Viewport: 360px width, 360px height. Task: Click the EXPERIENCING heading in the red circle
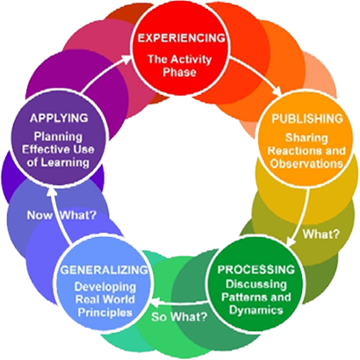(x=182, y=38)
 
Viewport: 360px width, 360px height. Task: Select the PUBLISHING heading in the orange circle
(x=307, y=119)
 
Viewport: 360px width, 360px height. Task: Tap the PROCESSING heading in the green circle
(x=256, y=270)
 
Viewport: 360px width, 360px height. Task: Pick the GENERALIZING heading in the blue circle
(x=104, y=270)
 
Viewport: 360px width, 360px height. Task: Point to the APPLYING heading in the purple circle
(x=59, y=118)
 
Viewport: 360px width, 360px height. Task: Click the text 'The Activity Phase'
(x=179, y=66)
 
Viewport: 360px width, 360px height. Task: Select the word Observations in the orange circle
(x=306, y=163)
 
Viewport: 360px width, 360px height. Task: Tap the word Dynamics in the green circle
(x=256, y=310)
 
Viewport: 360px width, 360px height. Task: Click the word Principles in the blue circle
(x=105, y=313)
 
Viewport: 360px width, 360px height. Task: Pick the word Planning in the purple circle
(x=58, y=137)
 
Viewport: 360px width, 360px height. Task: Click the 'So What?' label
(x=179, y=316)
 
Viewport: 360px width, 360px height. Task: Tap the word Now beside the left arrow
(x=40, y=215)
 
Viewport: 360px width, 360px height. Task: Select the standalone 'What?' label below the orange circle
(x=321, y=234)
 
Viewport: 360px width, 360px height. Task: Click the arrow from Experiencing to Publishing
(x=256, y=76)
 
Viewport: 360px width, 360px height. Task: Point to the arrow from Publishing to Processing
(x=300, y=218)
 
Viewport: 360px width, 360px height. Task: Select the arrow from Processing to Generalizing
(x=179, y=302)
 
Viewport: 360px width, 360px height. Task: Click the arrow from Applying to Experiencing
(x=107, y=73)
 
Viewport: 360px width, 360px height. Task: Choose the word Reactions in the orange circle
(x=293, y=151)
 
